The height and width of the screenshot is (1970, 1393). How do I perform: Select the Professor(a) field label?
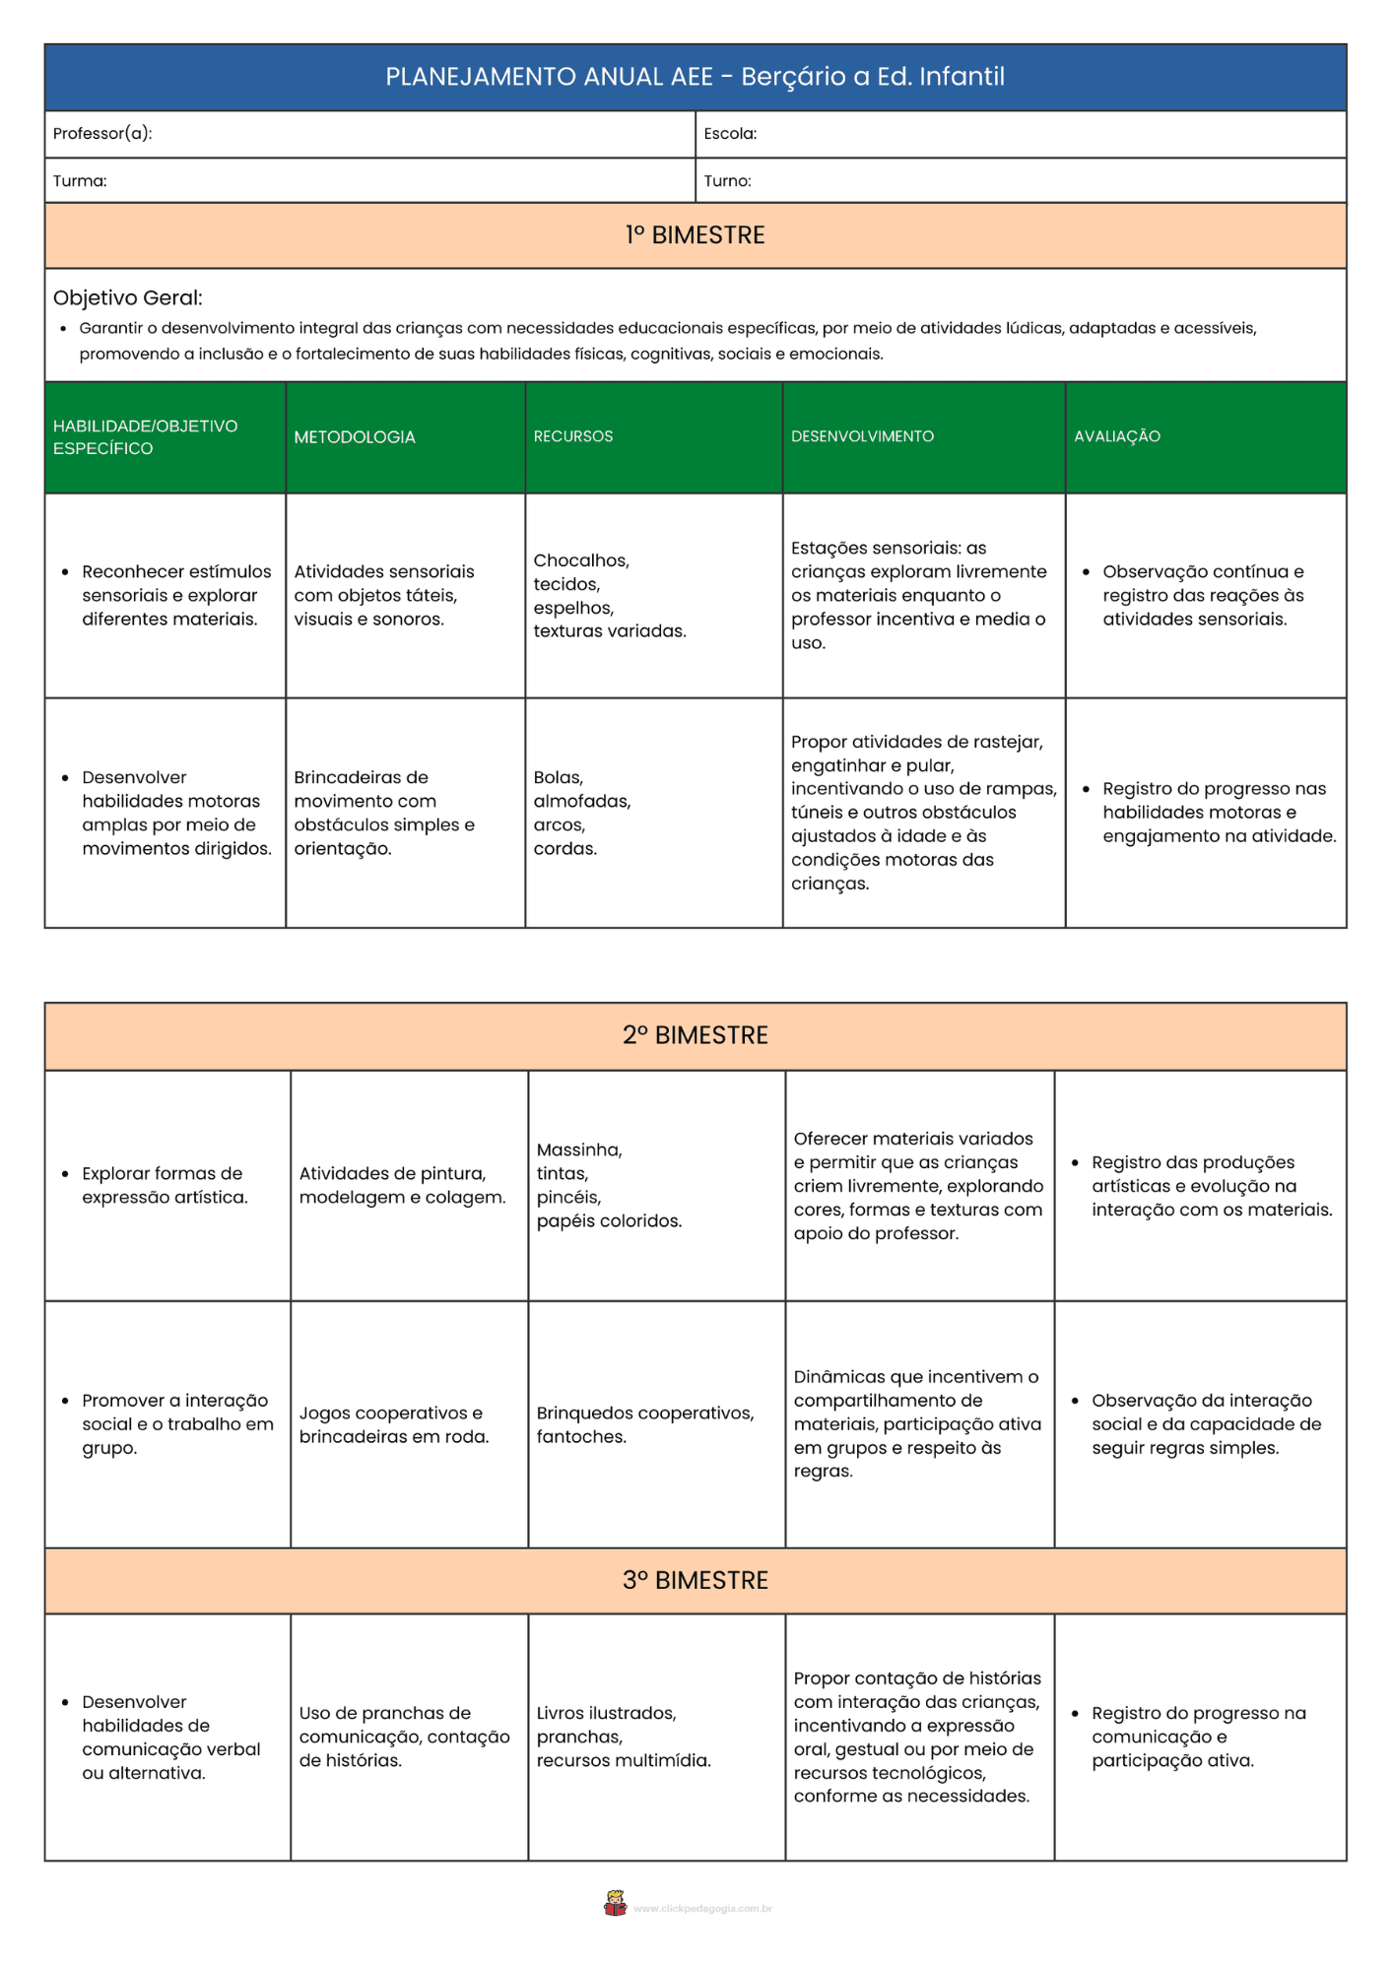(x=102, y=134)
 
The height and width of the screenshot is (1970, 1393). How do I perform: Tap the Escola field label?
(x=730, y=134)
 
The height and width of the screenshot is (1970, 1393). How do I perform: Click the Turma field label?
(x=80, y=181)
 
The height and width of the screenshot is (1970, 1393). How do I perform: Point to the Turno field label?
(x=727, y=181)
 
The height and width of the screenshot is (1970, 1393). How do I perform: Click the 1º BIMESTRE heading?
(x=695, y=235)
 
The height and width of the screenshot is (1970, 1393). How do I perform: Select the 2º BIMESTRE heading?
(x=695, y=1035)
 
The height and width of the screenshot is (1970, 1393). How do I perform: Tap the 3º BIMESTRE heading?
(x=695, y=1580)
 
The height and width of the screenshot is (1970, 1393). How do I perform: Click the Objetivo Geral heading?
(x=128, y=297)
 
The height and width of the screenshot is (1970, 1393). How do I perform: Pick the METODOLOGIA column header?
(x=355, y=437)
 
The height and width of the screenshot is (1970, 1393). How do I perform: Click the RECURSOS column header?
(x=573, y=436)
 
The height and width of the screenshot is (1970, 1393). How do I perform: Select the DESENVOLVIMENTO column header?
(x=862, y=436)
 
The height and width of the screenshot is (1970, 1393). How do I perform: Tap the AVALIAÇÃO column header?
(x=1117, y=436)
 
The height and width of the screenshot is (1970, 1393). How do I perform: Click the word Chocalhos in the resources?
(x=581, y=560)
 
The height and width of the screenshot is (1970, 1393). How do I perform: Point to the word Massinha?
(x=579, y=1149)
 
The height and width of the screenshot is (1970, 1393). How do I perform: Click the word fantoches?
(x=581, y=1437)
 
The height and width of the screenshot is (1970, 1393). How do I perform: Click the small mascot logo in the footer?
(x=616, y=1903)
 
